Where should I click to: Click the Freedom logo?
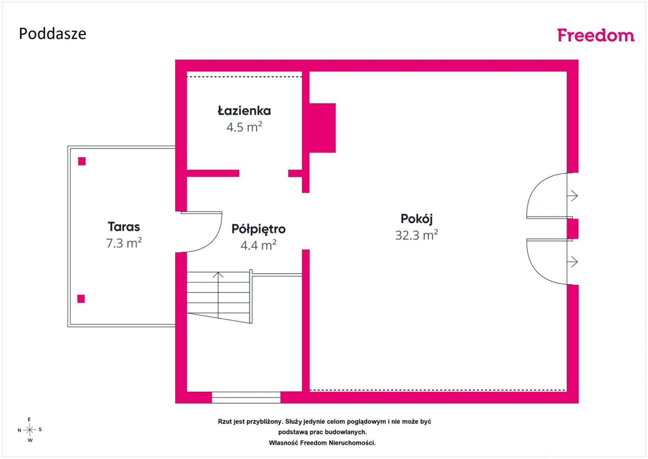(x=596, y=35)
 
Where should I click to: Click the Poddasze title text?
(x=53, y=34)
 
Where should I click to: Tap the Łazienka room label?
(x=244, y=111)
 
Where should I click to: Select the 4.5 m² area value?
(x=244, y=127)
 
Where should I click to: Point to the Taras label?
(x=124, y=227)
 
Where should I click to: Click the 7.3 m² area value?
(x=124, y=242)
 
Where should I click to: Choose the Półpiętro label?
(x=258, y=229)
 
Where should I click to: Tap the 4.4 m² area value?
(x=258, y=245)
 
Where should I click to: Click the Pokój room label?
(x=417, y=219)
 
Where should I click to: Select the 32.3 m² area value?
(x=417, y=235)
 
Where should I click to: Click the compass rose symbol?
(x=30, y=430)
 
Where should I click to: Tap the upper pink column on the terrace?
(x=82, y=161)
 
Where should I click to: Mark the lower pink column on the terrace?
(x=81, y=298)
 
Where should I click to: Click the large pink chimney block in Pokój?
(x=322, y=128)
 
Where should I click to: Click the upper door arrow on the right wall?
(x=573, y=196)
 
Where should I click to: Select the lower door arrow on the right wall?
(x=573, y=262)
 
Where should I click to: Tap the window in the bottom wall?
(x=246, y=397)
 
